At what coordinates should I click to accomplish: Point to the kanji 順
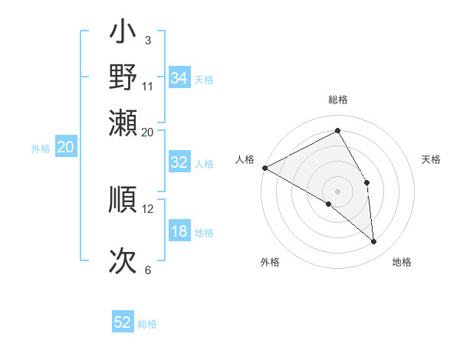[x=123, y=201]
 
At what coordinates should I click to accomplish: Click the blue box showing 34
[x=179, y=78]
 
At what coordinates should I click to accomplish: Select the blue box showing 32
[x=179, y=162]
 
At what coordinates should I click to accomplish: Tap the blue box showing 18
[x=179, y=232]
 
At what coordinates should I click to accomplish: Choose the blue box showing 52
[x=123, y=322]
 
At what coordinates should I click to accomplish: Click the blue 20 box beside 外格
[x=65, y=147]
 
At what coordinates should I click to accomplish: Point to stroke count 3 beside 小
[x=147, y=39]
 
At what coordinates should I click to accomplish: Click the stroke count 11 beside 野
[x=148, y=86]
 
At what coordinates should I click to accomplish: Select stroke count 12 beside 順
[x=148, y=208]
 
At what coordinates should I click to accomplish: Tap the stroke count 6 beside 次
[x=147, y=269]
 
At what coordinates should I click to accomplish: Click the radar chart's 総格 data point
[x=337, y=130]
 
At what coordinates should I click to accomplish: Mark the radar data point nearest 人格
[x=264, y=168]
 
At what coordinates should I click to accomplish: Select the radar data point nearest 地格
[x=373, y=241]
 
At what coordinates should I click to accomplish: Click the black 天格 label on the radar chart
[x=431, y=159]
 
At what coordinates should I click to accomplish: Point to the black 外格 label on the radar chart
[x=270, y=262]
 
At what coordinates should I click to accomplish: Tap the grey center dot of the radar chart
[x=337, y=191]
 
